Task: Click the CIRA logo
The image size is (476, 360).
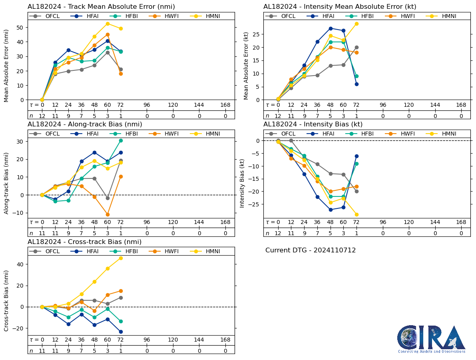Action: coord(431,339)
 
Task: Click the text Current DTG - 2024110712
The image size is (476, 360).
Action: coord(311,250)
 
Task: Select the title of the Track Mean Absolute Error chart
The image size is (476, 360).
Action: coord(101,7)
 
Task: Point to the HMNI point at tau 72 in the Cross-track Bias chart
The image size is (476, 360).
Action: coord(120,258)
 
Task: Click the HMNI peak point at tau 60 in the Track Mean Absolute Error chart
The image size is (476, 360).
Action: coord(108,24)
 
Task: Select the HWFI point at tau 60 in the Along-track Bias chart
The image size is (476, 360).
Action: coord(108,214)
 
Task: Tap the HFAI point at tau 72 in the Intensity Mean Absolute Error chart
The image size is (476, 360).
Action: coord(356,84)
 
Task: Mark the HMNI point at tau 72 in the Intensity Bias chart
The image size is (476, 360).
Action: coord(356,214)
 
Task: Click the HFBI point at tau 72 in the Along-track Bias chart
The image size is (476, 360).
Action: coord(120,140)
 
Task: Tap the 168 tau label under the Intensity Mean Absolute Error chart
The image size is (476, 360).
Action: coord(461,105)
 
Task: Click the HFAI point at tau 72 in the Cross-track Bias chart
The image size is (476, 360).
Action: coord(120,332)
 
